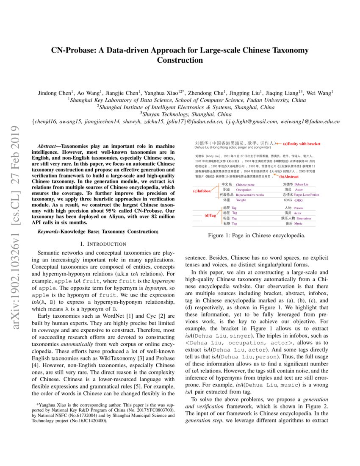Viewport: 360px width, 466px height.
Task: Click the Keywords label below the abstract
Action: click(x=48, y=231)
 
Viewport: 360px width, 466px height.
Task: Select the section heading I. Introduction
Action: click(x=103, y=244)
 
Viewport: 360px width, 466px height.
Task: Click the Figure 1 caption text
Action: click(x=256, y=235)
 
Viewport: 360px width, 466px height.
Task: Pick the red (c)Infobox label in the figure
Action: click(x=202, y=191)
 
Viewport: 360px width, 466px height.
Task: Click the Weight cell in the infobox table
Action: click(x=241, y=200)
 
